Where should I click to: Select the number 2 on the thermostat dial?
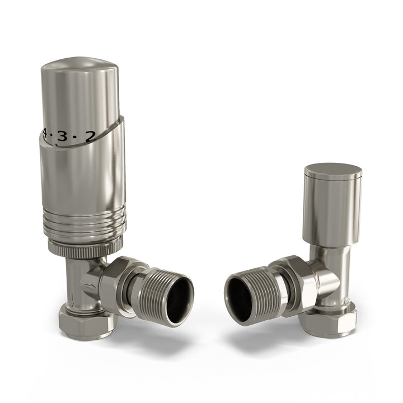tap(90, 135)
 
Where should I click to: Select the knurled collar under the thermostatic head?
tap(85, 247)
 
